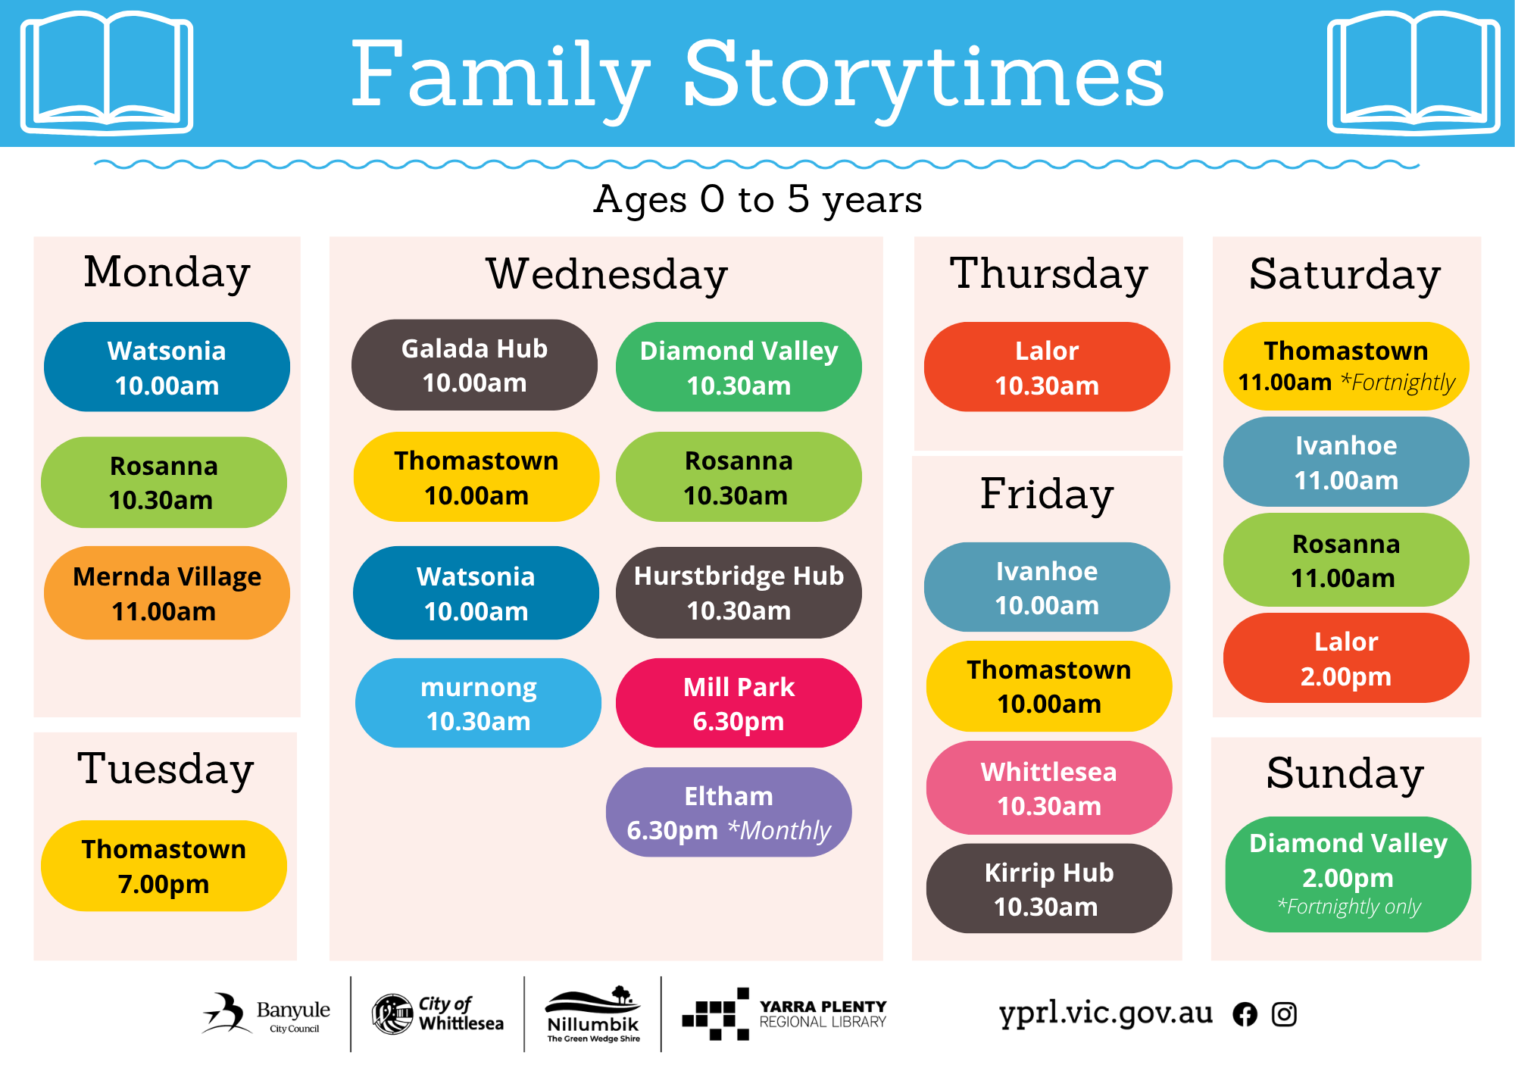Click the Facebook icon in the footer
1245,1014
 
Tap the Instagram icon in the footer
1284,1014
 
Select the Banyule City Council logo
266,1013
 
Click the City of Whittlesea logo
438,1014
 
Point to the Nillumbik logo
593,1014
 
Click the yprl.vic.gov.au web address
1106,1013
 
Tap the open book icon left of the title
107,72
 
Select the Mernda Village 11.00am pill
167,593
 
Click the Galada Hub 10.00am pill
474,365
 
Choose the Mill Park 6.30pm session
739,703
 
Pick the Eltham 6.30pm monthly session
729,812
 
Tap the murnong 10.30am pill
478,703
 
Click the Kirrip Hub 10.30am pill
1049,888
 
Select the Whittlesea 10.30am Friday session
1049,788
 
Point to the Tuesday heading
165,770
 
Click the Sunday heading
1345,774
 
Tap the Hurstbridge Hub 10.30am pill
739,593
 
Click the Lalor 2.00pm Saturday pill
1346,658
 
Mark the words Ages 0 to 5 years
757,200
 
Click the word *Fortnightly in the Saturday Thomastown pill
1398,383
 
